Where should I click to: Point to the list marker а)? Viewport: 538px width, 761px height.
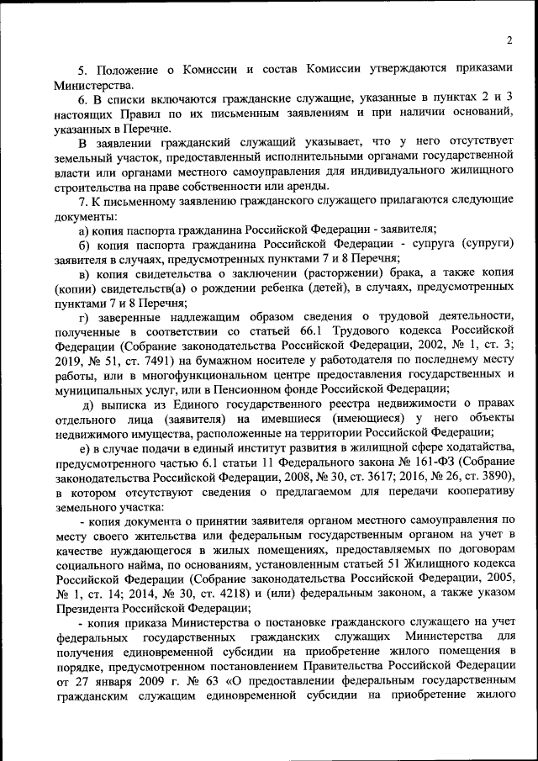(x=83, y=229)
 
